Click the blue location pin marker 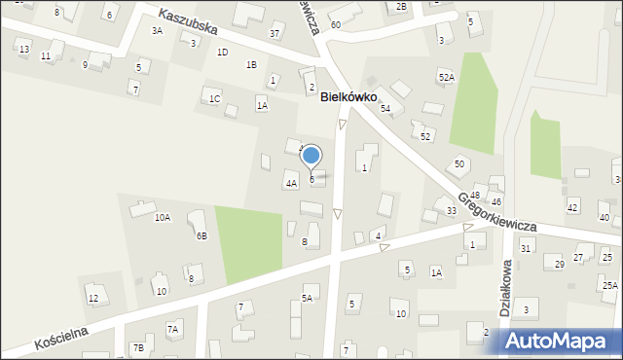coord(311,156)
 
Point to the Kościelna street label coord(61,338)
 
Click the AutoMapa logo coord(562,341)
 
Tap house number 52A coord(446,77)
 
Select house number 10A coord(163,218)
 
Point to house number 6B coord(202,235)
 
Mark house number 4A coord(291,183)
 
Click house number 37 coord(275,34)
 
